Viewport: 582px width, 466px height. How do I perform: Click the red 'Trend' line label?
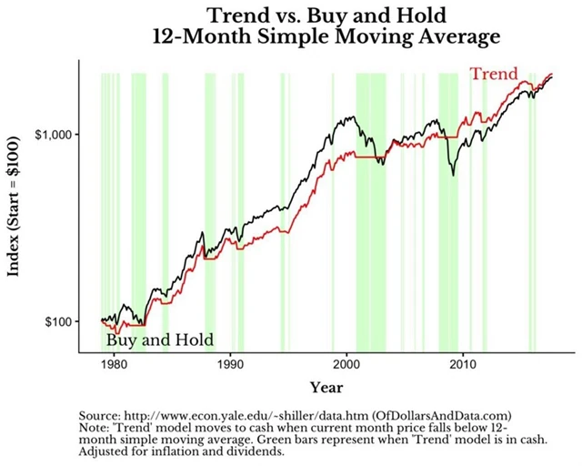click(494, 74)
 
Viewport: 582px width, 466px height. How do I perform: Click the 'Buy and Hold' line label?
click(160, 340)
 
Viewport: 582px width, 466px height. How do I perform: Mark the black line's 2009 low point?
click(454, 174)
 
